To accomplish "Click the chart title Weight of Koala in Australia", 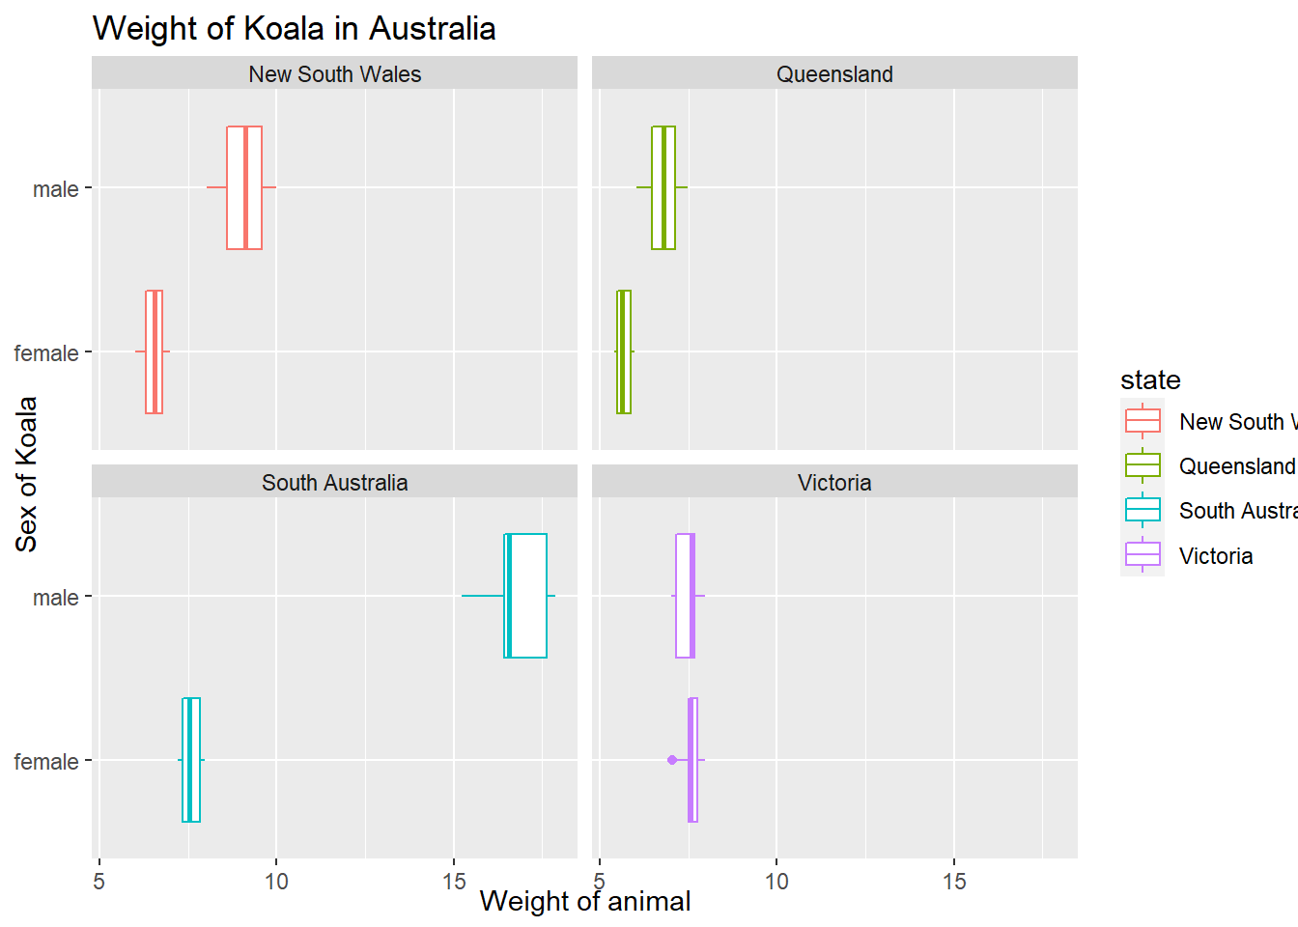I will click(x=294, y=28).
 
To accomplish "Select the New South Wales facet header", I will click(x=334, y=74).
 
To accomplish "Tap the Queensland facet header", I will click(x=834, y=74).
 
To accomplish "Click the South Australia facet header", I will click(x=334, y=483).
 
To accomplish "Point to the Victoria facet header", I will click(x=834, y=483).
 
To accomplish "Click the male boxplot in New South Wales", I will click(x=244, y=187).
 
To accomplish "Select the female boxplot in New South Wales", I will click(x=155, y=351).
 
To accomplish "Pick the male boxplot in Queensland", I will click(x=663, y=187).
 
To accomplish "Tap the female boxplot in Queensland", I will click(x=624, y=351).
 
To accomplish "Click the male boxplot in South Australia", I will click(x=525, y=596).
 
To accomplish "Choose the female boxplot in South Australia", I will click(x=191, y=760).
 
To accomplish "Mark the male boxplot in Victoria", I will click(x=686, y=596).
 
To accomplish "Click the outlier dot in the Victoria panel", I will click(x=672, y=760).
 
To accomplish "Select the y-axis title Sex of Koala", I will click(x=26, y=474).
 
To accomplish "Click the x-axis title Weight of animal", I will click(x=585, y=902).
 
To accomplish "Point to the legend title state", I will click(x=1150, y=379).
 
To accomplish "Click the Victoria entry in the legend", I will click(x=1216, y=556).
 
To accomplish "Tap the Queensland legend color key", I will click(x=1143, y=465).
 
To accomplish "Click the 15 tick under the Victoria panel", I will click(x=954, y=881).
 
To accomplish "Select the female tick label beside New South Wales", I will click(x=46, y=353).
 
